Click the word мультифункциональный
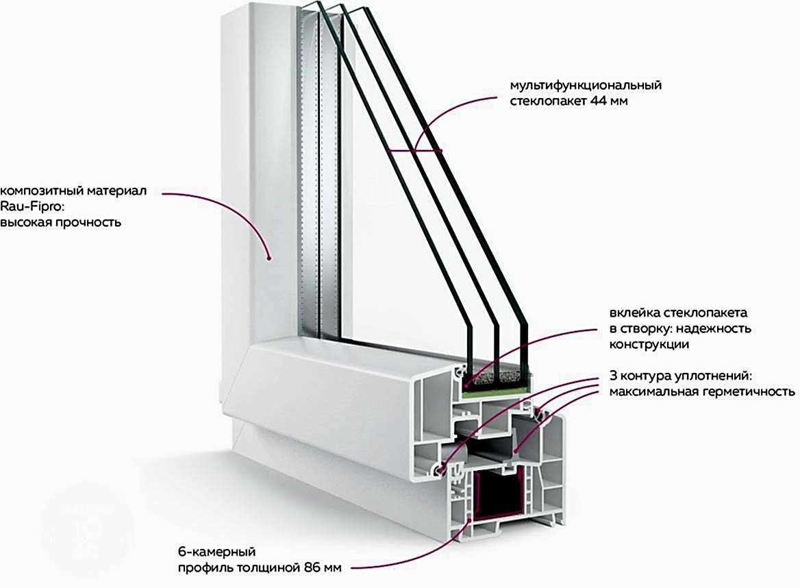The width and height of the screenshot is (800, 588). [585, 86]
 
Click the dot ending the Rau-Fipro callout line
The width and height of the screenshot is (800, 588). [269, 258]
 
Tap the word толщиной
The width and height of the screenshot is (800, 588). [277, 567]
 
